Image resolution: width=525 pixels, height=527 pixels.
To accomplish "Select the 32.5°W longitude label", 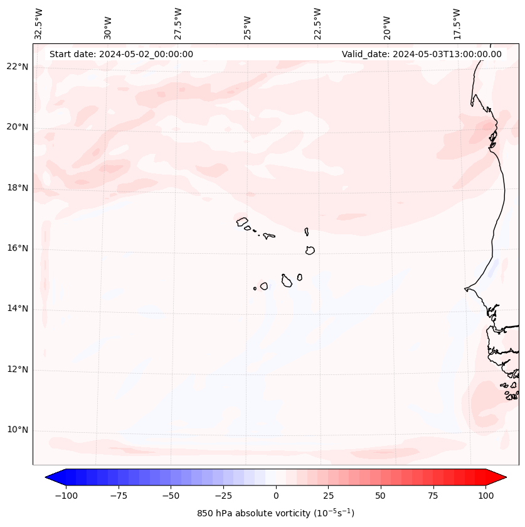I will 39,24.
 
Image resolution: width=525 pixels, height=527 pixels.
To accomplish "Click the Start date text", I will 121,54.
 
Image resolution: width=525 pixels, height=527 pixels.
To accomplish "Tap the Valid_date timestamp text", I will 422,54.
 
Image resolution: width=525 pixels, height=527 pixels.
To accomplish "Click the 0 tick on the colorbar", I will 276,496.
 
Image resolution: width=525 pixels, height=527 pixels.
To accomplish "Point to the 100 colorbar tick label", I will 485,496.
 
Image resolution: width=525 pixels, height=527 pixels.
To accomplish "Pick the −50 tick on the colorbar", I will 171,496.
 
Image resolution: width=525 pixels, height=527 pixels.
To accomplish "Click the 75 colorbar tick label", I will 433,496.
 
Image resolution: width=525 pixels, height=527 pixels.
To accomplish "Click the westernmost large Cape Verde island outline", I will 242,222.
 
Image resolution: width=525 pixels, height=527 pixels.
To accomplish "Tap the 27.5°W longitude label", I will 178,24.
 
